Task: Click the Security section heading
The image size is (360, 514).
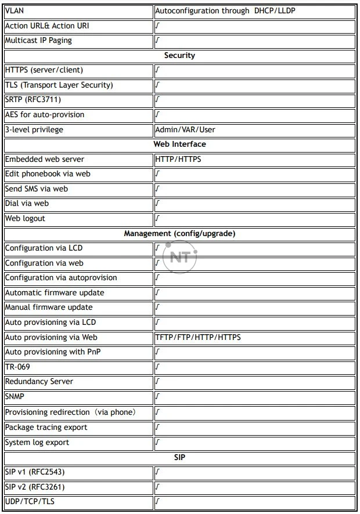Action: point(179,56)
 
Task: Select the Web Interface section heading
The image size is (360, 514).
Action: point(179,144)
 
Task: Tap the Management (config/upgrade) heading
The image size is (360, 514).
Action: point(179,233)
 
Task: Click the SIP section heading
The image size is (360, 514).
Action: point(179,457)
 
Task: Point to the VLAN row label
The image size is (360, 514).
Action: point(15,10)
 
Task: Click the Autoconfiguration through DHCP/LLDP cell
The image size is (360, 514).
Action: point(225,10)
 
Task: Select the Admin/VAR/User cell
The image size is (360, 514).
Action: point(185,129)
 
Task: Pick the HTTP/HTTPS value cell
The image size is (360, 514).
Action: point(178,159)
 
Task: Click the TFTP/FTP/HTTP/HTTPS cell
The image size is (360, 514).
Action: point(198,337)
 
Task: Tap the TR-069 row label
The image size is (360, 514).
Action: point(17,367)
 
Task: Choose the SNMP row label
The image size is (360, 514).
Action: point(15,397)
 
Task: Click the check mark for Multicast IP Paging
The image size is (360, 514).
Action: point(157,41)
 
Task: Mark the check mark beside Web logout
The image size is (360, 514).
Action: point(157,219)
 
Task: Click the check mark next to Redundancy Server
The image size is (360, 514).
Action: point(157,382)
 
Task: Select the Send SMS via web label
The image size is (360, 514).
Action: point(36,189)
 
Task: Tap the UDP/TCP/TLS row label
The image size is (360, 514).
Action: point(30,501)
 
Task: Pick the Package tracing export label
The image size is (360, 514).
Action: point(46,427)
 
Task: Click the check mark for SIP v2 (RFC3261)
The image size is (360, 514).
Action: point(157,487)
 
